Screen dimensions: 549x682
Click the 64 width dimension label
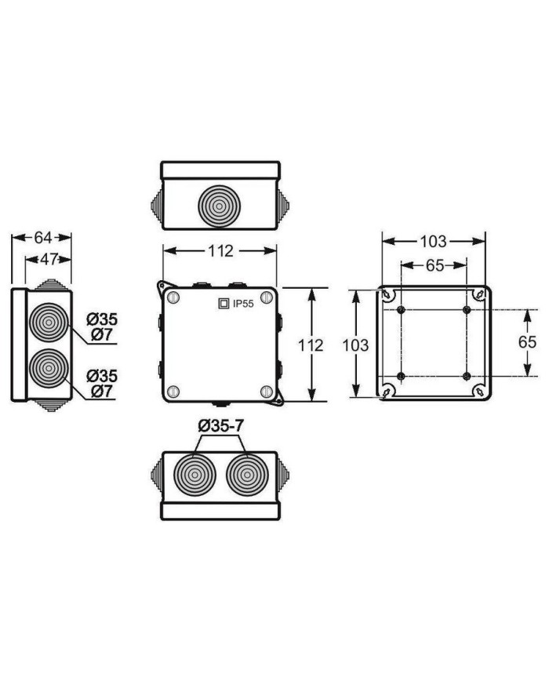(x=42, y=238)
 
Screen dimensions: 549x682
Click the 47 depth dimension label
(x=49, y=259)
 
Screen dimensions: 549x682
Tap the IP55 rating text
(x=243, y=304)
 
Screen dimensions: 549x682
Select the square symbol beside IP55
(x=224, y=303)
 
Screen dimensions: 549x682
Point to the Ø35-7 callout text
(x=221, y=426)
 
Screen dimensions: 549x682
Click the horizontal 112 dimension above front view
(x=220, y=250)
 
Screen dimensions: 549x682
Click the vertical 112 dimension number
(x=311, y=345)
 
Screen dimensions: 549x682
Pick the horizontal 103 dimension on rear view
(x=434, y=241)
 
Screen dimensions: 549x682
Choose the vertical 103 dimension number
(x=355, y=345)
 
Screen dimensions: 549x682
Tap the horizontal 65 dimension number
(x=434, y=265)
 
